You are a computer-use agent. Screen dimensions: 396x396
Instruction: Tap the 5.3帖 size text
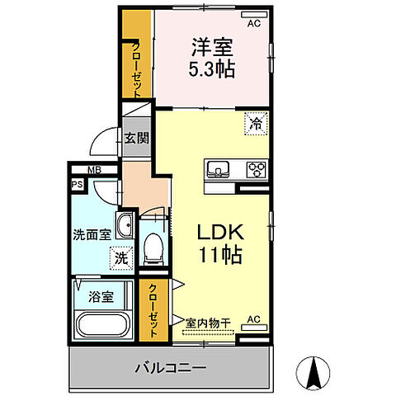tap(213, 69)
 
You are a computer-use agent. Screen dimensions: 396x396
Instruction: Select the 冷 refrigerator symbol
tap(257, 124)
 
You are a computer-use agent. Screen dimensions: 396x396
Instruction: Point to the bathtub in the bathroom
tap(101, 324)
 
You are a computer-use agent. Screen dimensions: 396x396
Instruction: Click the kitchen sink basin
tap(219, 171)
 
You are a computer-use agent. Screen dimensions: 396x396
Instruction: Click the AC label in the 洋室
tap(253, 24)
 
